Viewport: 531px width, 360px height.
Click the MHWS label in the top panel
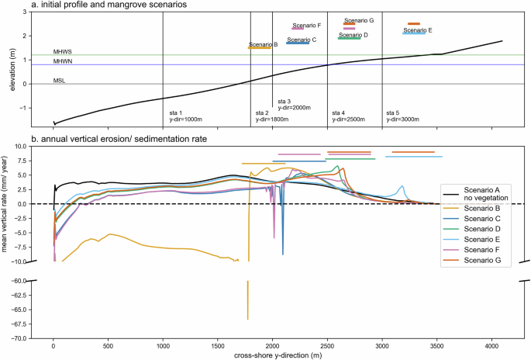(x=62, y=52)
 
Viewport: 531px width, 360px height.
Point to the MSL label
(x=59, y=81)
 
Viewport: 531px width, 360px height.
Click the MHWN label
(x=62, y=61)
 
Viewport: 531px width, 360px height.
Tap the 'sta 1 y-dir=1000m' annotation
(x=185, y=116)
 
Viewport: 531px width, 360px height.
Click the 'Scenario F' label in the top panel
(x=307, y=26)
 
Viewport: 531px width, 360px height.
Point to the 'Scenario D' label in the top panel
(x=353, y=35)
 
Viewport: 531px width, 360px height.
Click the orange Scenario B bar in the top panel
(x=260, y=48)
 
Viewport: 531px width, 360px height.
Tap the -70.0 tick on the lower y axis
(x=36, y=338)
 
